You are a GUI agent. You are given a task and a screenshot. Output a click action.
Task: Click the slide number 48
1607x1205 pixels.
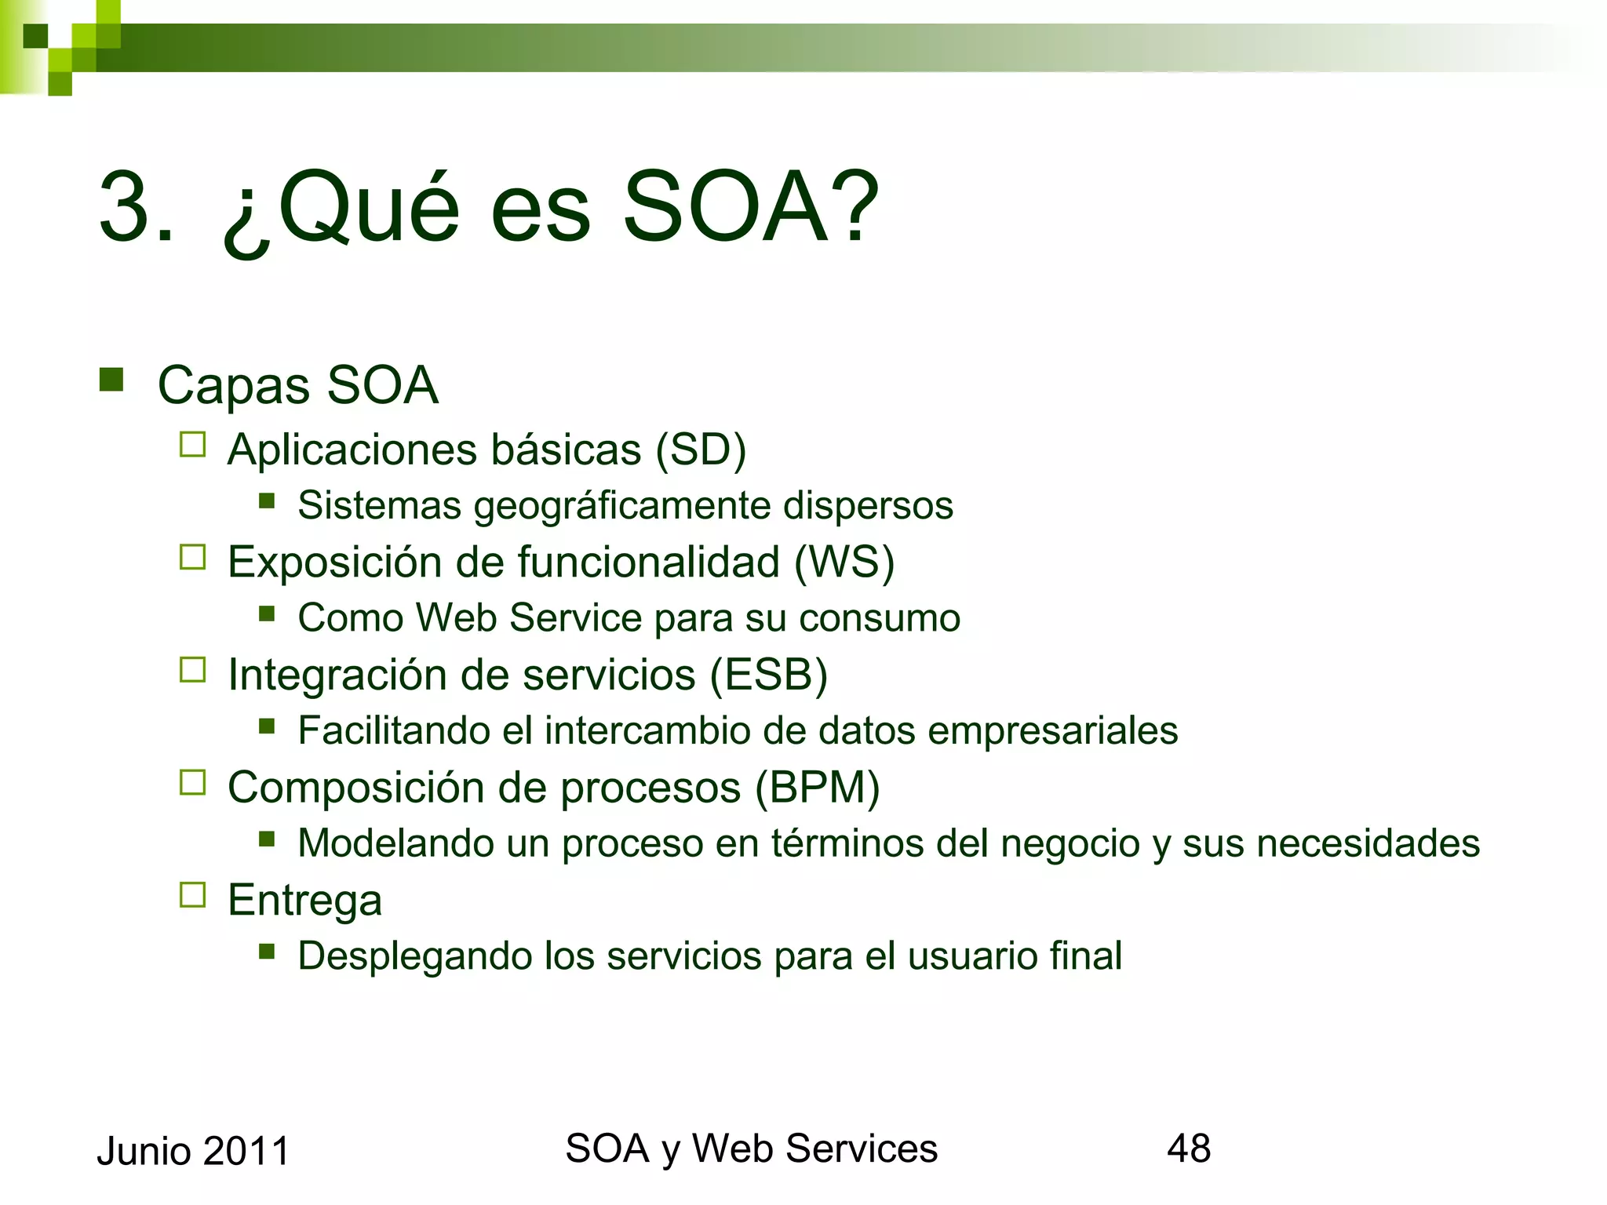tap(1188, 1149)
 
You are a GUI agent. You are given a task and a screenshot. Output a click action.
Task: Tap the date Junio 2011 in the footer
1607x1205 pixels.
tap(193, 1152)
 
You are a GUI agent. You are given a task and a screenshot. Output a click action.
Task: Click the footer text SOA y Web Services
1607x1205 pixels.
tap(751, 1149)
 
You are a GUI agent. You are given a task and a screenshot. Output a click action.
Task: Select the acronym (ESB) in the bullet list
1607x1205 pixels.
tap(769, 675)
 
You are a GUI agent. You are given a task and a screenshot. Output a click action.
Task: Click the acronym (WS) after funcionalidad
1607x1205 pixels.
tap(844, 562)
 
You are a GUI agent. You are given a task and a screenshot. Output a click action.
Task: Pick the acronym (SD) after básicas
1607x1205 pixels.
tap(701, 450)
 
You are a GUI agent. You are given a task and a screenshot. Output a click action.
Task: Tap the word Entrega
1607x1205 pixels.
tap(304, 900)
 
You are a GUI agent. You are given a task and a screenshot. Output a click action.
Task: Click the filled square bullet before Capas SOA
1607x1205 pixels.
tap(111, 380)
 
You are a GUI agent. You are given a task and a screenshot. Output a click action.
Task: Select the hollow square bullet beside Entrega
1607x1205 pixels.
tap(192, 895)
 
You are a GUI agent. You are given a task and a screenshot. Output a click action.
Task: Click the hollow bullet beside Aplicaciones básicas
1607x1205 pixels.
tap(192, 445)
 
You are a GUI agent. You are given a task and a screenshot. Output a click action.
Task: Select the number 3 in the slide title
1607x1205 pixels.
tap(126, 207)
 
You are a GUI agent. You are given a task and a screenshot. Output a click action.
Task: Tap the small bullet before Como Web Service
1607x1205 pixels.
tap(267, 613)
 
